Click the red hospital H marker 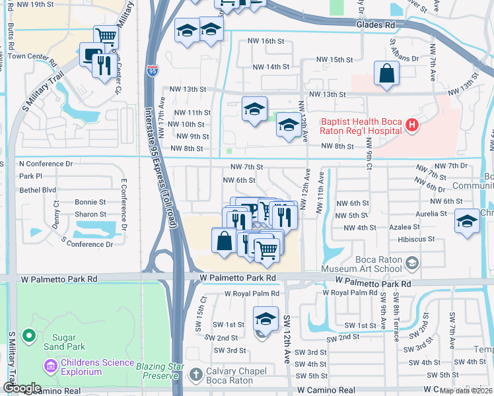tap(412, 125)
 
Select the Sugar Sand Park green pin tap(28, 337)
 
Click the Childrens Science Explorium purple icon tap(50, 364)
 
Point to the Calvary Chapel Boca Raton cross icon tap(195, 375)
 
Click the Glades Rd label tap(375, 24)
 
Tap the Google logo tap(21, 388)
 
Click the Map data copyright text tap(466, 391)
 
